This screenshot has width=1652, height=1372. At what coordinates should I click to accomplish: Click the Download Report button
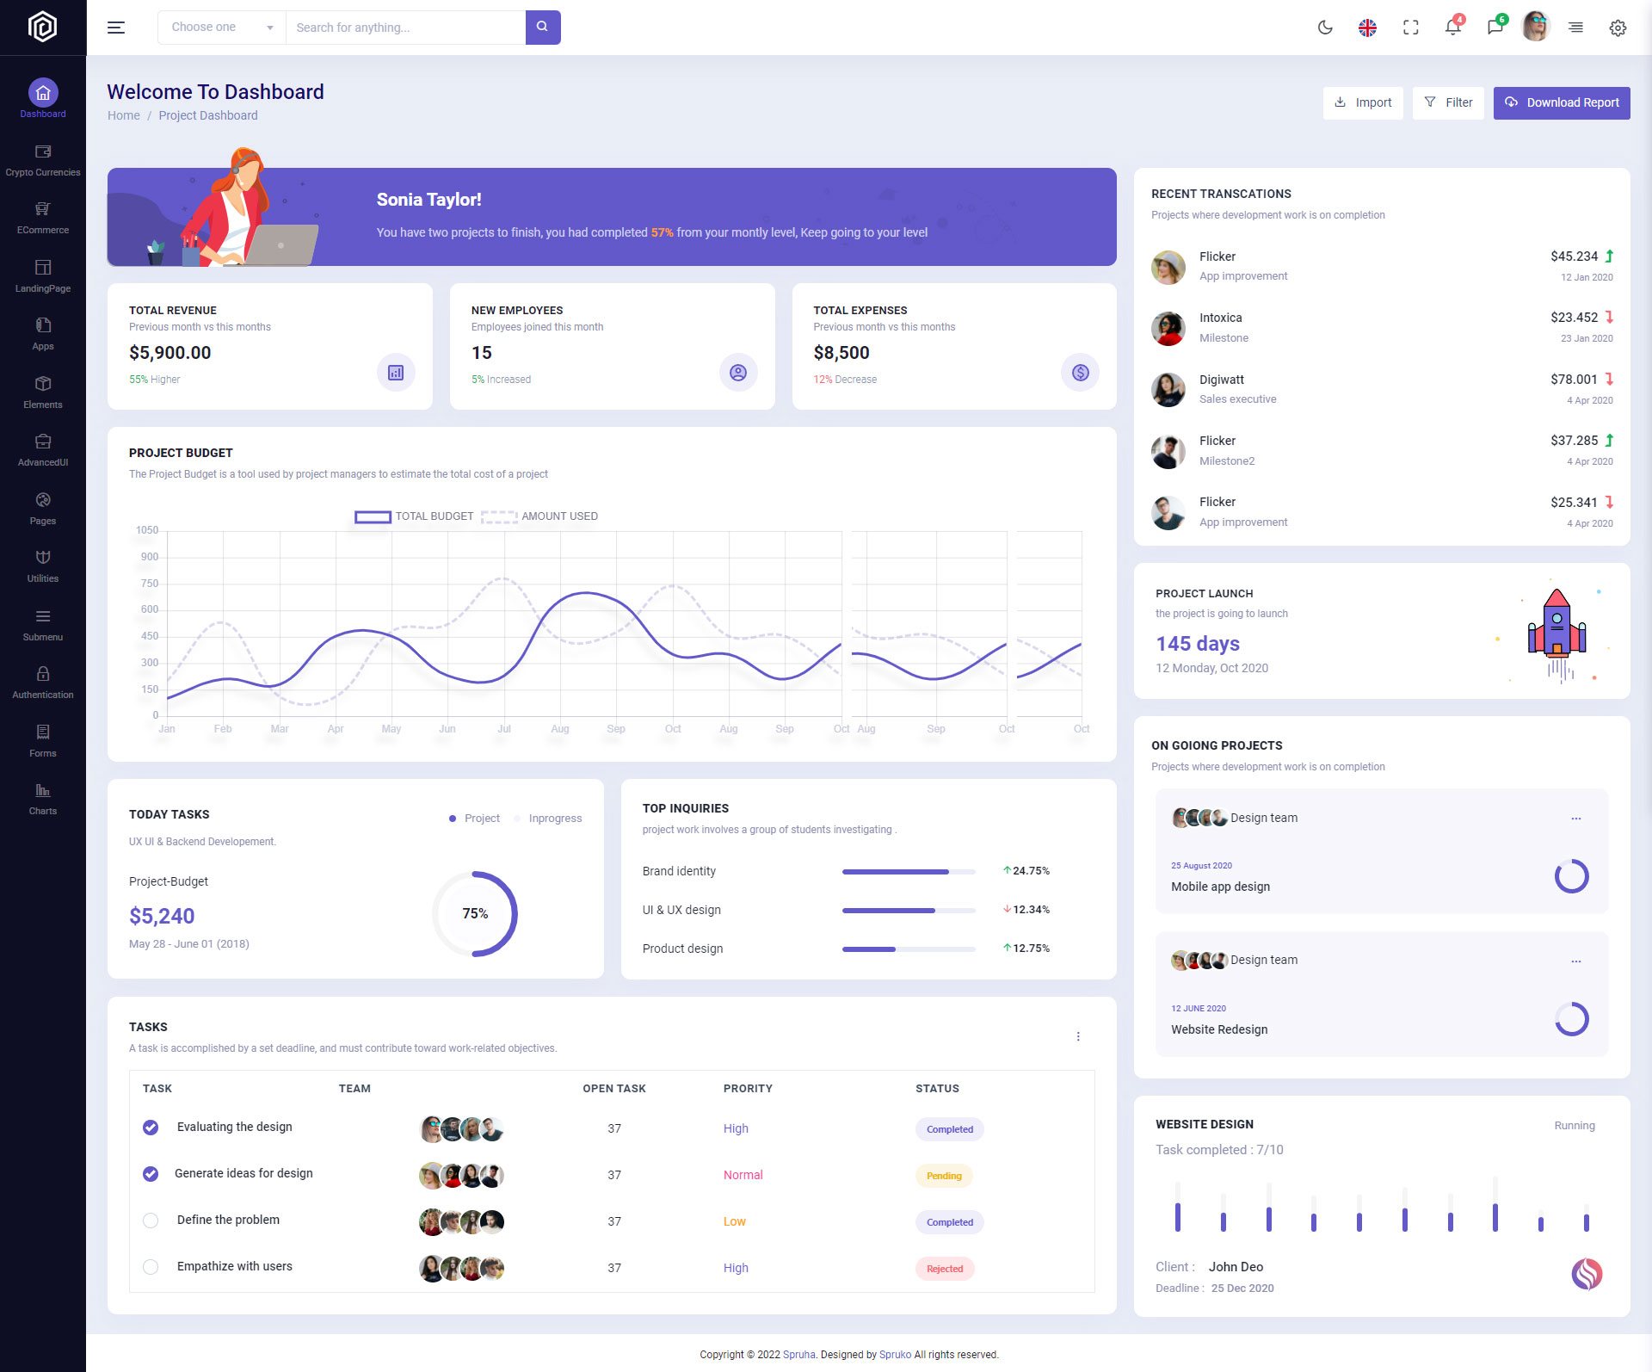[x=1561, y=103]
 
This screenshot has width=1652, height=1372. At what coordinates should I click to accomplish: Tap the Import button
[x=1363, y=103]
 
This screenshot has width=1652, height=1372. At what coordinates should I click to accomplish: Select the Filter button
[x=1448, y=103]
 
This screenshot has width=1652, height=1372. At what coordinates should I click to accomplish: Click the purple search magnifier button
[x=542, y=28]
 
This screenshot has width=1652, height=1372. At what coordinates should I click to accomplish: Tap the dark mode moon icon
[x=1325, y=28]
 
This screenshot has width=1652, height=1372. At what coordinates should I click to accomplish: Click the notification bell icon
[x=1452, y=28]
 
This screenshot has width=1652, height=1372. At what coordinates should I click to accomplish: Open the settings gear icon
[x=1618, y=28]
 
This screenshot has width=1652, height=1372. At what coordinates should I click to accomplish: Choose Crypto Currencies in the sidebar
[x=43, y=160]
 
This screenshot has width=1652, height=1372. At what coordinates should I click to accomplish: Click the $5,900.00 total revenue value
[x=170, y=353]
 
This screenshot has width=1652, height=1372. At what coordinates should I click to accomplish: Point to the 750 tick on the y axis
[x=150, y=584]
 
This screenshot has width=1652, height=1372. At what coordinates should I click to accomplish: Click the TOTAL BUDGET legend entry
[x=415, y=516]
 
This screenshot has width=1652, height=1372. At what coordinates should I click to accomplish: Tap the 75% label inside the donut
[x=475, y=914]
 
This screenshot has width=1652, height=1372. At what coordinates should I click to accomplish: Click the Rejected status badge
[x=945, y=1269]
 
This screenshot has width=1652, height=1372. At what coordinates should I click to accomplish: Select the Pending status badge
[x=944, y=1176]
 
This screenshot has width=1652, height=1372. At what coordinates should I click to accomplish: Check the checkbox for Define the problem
[x=151, y=1221]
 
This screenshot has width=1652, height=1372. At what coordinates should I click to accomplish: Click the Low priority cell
[x=735, y=1222]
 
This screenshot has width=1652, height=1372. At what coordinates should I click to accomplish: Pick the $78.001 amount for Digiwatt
[x=1574, y=380]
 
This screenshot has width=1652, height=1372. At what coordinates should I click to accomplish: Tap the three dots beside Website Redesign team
[x=1575, y=961]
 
